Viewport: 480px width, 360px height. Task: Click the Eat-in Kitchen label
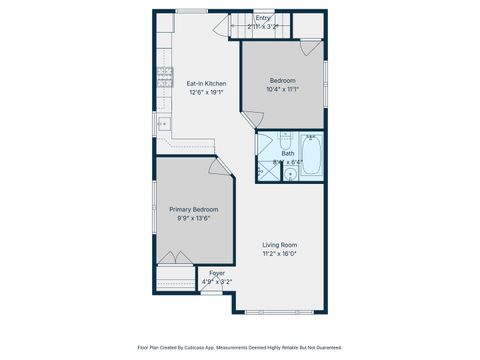pos(206,83)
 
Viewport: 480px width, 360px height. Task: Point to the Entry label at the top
pos(262,17)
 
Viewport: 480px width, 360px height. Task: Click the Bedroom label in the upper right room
pos(283,80)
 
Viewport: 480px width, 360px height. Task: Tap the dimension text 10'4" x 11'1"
pos(283,88)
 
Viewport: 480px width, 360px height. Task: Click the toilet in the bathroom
pos(284,140)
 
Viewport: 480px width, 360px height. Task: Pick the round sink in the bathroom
pos(290,174)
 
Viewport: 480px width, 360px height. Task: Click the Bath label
pos(287,153)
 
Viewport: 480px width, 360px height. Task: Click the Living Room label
pos(279,245)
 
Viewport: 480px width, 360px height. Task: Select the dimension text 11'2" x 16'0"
pos(279,253)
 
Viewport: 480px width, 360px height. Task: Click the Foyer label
pos(217,273)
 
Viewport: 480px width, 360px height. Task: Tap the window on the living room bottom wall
pos(285,310)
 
